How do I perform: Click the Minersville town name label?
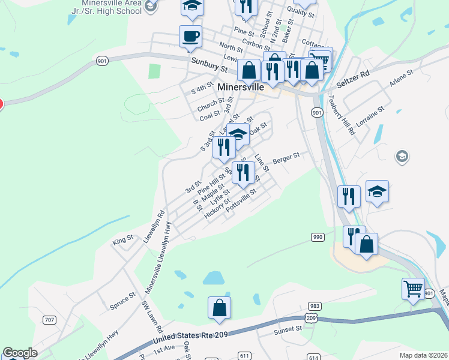[x=241, y=87]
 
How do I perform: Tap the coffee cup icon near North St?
[x=190, y=36]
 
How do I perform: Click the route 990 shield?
[x=318, y=238]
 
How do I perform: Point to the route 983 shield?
[x=313, y=306]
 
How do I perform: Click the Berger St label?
[x=286, y=158]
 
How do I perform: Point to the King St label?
[x=122, y=242]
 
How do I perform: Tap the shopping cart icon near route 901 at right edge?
[x=413, y=289]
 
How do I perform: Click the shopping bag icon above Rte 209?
[x=220, y=307]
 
